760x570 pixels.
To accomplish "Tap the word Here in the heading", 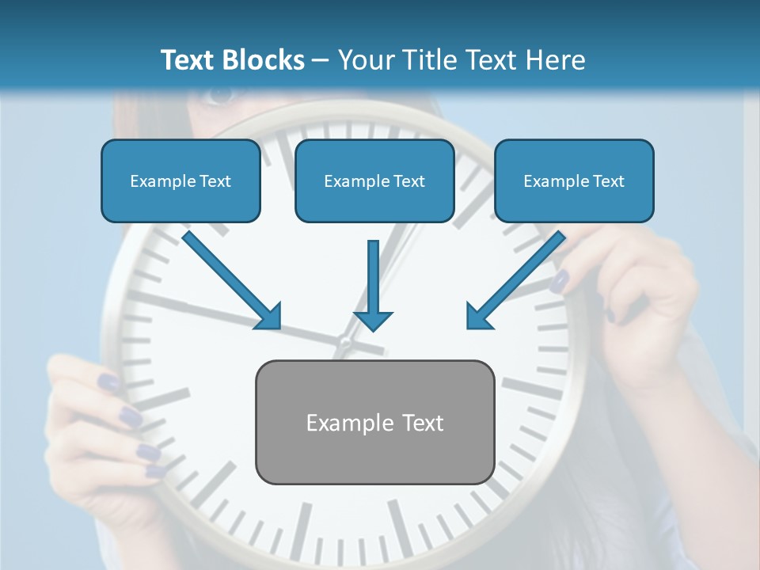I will (558, 60).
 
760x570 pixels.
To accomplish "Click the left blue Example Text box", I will (180, 181).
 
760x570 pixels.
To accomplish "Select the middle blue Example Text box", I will (374, 181).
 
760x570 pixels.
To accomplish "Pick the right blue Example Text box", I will (574, 181).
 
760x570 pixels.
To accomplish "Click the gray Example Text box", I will (375, 423).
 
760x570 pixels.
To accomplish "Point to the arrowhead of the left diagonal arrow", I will (269, 317).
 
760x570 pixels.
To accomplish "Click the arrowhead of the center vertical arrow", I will (373, 321).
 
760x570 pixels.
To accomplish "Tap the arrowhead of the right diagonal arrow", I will (477, 317).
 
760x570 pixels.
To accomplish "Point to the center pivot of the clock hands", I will (345, 344).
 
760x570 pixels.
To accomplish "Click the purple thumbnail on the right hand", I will (560, 279).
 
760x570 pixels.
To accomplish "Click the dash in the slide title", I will (321, 60).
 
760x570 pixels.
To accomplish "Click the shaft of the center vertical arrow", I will (373, 273).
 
